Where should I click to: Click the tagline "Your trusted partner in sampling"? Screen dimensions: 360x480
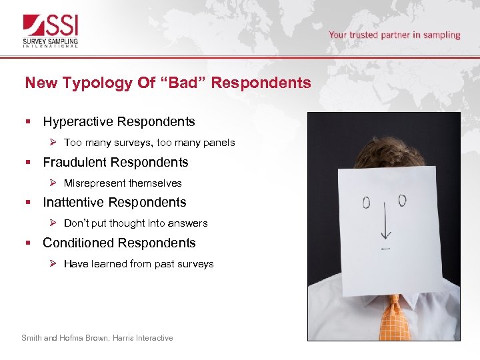[394, 35]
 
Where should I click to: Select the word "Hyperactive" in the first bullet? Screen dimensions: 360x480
[78, 122]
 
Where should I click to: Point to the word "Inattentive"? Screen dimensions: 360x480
[73, 202]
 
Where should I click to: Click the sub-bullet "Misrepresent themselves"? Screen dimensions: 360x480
[123, 183]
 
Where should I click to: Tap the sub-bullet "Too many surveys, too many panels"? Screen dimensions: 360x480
[149, 143]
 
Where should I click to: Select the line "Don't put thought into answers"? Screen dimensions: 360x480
[135, 223]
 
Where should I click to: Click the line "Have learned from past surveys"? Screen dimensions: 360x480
[139, 264]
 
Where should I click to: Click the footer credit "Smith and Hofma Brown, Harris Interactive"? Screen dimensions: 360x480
[97, 338]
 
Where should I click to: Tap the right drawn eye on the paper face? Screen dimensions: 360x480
[402, 200]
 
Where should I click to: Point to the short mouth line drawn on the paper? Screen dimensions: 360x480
[385, 249]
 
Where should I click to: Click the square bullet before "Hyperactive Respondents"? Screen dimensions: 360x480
[27, 122]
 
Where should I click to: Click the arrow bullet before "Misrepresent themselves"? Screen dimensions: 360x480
[55, 183]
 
